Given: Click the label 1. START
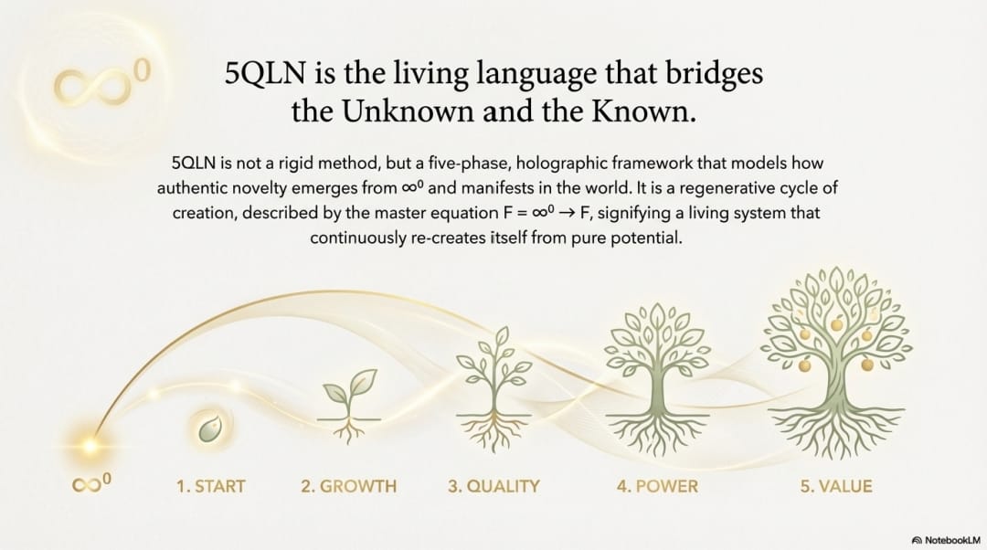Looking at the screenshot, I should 210,486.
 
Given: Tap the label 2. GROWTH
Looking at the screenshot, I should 348,486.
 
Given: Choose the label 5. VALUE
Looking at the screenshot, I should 835,486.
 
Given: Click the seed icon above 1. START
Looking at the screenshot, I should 209,425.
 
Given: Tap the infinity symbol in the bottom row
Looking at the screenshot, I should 90,485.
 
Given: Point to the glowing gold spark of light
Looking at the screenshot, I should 90,445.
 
